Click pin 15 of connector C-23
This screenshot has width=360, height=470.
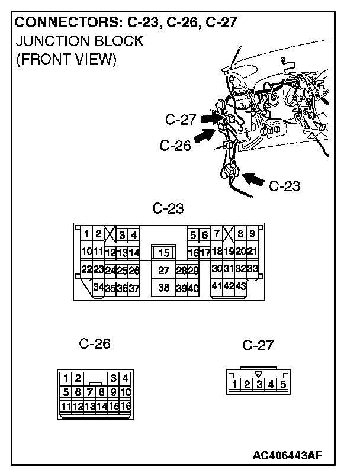tap(165, 253)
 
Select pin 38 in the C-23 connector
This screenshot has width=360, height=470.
tap(165, 288)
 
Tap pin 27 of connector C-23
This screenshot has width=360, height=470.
tap(165, 271)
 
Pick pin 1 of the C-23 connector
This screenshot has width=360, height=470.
tap(86, 234)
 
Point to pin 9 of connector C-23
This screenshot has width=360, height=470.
tap(252, 234)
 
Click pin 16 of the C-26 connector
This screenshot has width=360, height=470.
tap(125, 406)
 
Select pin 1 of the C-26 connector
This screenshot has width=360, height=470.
tap(66, 378)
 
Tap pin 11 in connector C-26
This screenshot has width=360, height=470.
tap(65, 406)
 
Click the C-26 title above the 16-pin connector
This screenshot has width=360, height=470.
tap(95, 344)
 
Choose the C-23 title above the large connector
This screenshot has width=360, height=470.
tap(168, 208)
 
